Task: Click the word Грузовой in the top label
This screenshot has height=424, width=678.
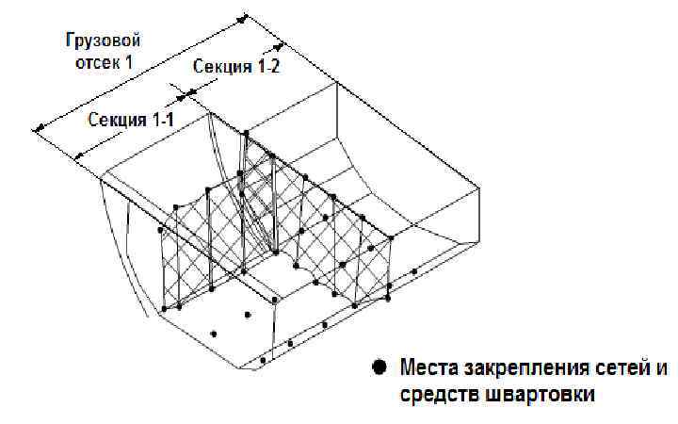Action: [x=103, y=41]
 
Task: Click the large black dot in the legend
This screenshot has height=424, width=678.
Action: [x=379, y=367]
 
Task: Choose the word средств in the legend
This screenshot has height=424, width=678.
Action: [x=434, y=395]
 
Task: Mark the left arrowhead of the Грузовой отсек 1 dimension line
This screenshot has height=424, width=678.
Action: [x=39, y=127]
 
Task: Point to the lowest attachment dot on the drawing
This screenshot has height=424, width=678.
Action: [x=263, y=361]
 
